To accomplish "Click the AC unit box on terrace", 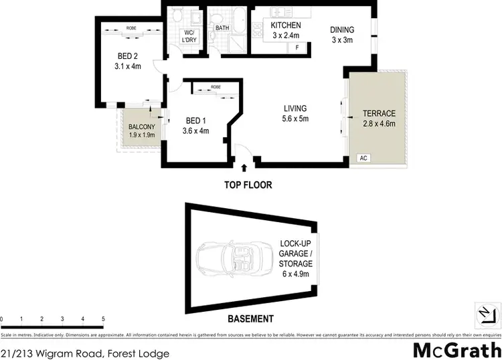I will (363, 159).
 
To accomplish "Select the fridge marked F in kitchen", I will (297, 48).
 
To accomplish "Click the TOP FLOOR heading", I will (248, 185).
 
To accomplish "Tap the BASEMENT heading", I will (250, 319).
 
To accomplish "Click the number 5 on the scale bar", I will (103, 319).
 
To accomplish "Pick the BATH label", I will (222, 27).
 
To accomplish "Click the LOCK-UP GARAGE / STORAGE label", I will (296, 254).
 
